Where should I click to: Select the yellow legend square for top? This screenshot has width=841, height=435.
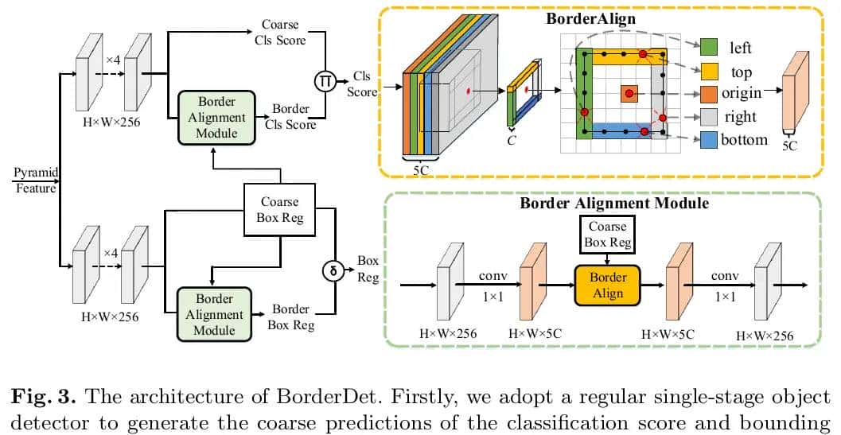pos(708,72)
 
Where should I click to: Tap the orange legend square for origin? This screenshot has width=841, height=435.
pos(708,94)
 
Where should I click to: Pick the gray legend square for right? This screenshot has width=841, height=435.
pos(708,116)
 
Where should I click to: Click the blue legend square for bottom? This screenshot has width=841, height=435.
pos(708,139)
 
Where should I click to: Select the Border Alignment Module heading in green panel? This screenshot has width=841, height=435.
pos(613,203)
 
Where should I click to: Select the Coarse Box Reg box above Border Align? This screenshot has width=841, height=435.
pos(607,235)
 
